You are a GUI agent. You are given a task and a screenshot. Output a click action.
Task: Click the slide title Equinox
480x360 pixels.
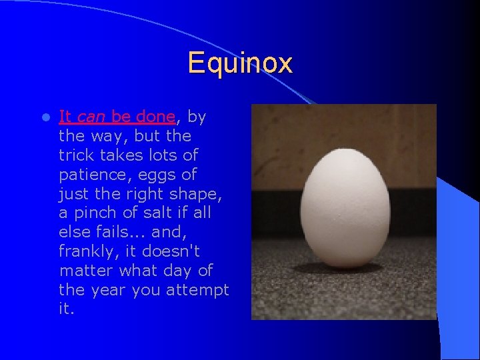coord(239,63)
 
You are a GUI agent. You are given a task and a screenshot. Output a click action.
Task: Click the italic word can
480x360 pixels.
coord(91,117)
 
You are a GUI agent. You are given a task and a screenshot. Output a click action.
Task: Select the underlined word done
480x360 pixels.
coord(155,117)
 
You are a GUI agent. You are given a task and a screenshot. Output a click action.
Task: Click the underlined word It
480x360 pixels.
coord(65,117)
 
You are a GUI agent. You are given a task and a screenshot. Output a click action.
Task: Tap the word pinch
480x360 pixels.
coord(99,213)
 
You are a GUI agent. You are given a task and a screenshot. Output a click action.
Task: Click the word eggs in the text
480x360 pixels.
coord(162,175)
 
